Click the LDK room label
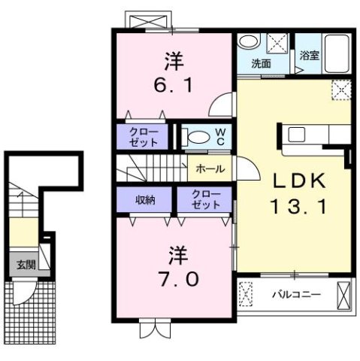tap(293, 181)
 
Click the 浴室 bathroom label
tap(310, 55)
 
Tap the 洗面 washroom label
tap(261, 64)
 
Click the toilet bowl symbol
tap(197, 136)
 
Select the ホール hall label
tap(209, 169)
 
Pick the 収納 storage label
tap(145, 199)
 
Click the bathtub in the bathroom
tap(334, 54)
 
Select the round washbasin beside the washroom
tap(250, 43)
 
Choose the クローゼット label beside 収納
tap(205, 199)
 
